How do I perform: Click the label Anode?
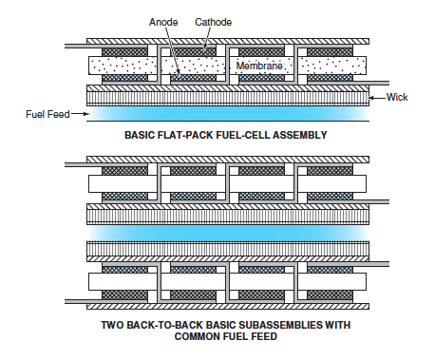pos(164,20)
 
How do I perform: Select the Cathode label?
pos(214,20)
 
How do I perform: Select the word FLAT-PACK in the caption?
pos(188,135)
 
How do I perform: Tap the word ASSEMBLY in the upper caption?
pos(297,135)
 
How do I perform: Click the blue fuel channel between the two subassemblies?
pos(228,232)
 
